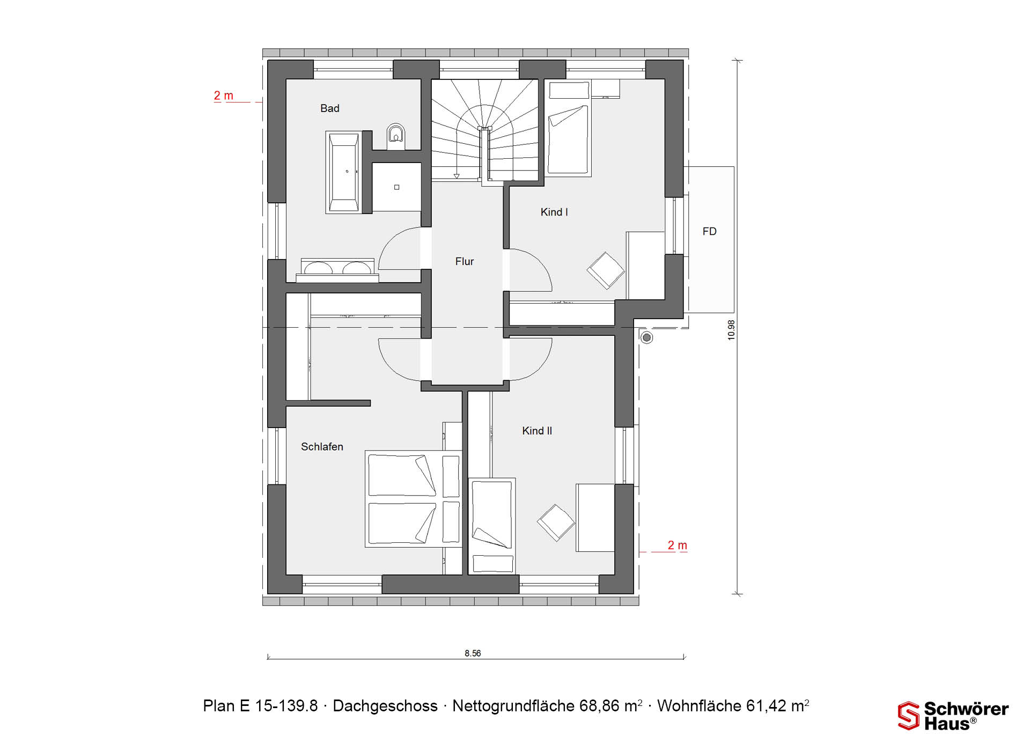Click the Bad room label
click(x=329, y=108)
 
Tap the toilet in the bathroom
click(x=396, y=137)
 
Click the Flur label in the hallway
click(x=465, y=261)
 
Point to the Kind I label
click(x=554, y=212)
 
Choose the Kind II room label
click(x=537, y=431)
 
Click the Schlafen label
click(x=322, y=447)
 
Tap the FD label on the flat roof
click(x=709, y=231)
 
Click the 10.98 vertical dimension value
click(x=731, y=330)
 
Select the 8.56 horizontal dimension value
click(x=473, y=653)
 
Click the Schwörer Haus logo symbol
click(x=909, y=716)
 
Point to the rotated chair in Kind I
click(x=606, y=270)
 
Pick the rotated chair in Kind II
click(x=556, y=522)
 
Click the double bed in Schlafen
click(x=413, y=499)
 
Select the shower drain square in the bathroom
click(x=397, y=187)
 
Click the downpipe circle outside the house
click(x=647, y=337)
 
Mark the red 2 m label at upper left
click(x=224, y=95)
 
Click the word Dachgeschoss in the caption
click(x=385, y=706)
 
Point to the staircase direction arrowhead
click(x=457, y=175)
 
